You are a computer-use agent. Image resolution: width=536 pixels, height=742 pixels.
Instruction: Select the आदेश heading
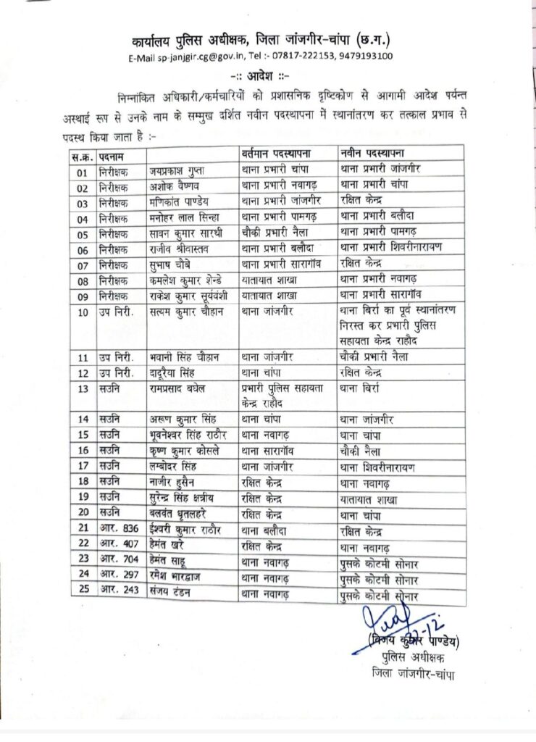[269, 75]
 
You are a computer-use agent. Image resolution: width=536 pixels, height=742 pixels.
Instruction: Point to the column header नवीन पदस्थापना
[372, 153]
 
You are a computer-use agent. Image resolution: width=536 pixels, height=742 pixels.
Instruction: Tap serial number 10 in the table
[83, 312]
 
